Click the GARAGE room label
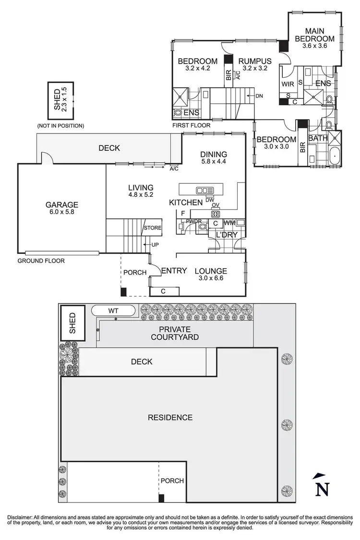[62, 204]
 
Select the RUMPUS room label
[255, 61]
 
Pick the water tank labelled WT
[113, 311]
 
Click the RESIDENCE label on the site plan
[170, 418]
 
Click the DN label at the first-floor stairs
[259, 96]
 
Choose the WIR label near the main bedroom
[288, 84]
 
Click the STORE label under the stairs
[153, 228]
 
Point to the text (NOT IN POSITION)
[60, 126]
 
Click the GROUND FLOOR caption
[41, 261]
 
